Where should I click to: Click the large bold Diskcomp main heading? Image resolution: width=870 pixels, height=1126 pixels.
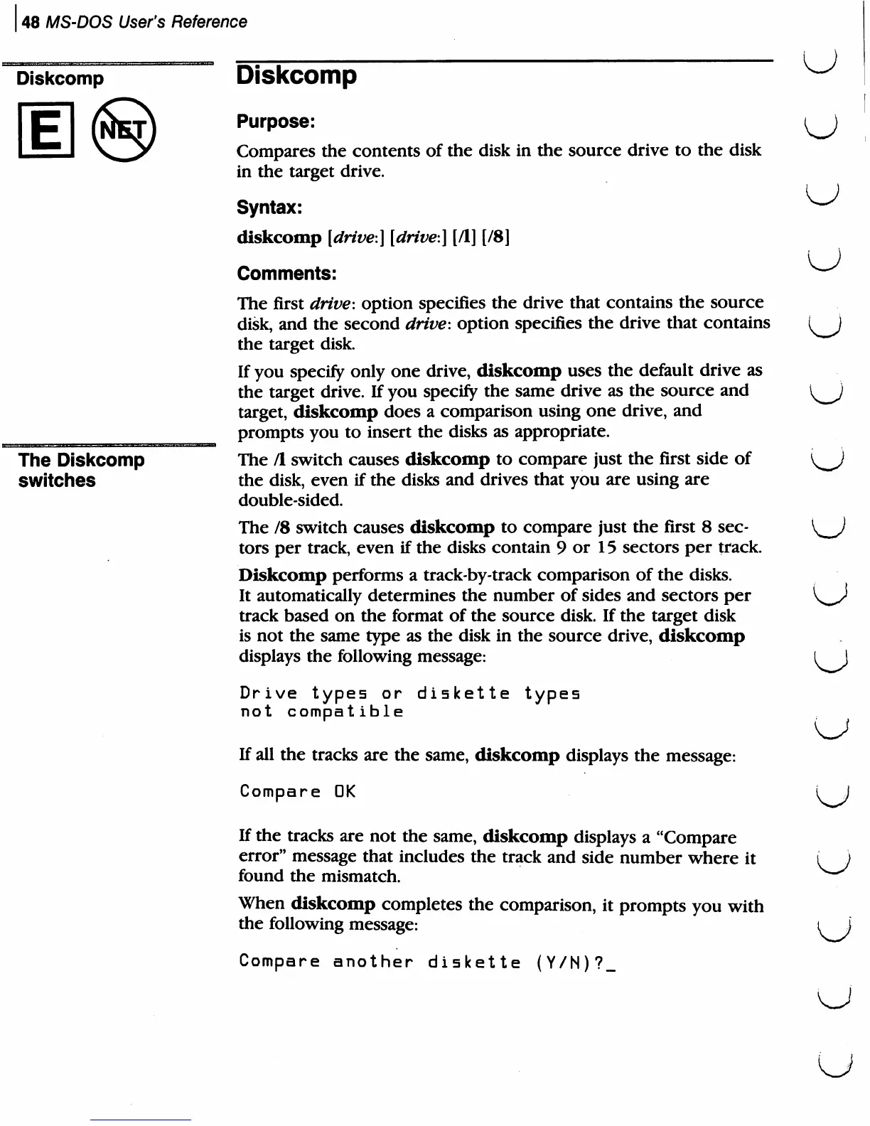(x=296, y=75)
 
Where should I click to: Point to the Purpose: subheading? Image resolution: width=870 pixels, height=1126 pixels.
(x=275, y=122)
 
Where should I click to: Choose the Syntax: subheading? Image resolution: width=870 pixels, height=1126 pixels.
(x=269, y=208)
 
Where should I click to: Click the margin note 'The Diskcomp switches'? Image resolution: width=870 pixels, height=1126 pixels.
(x=81, y=470)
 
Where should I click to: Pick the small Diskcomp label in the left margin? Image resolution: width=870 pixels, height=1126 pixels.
(x=60, y=78)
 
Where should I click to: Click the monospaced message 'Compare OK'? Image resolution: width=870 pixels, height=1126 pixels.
(x=297, y=791)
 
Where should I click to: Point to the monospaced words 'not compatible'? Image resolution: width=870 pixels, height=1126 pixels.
(x=321, y=712)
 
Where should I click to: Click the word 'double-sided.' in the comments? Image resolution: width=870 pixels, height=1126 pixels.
(x=291, y=500)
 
